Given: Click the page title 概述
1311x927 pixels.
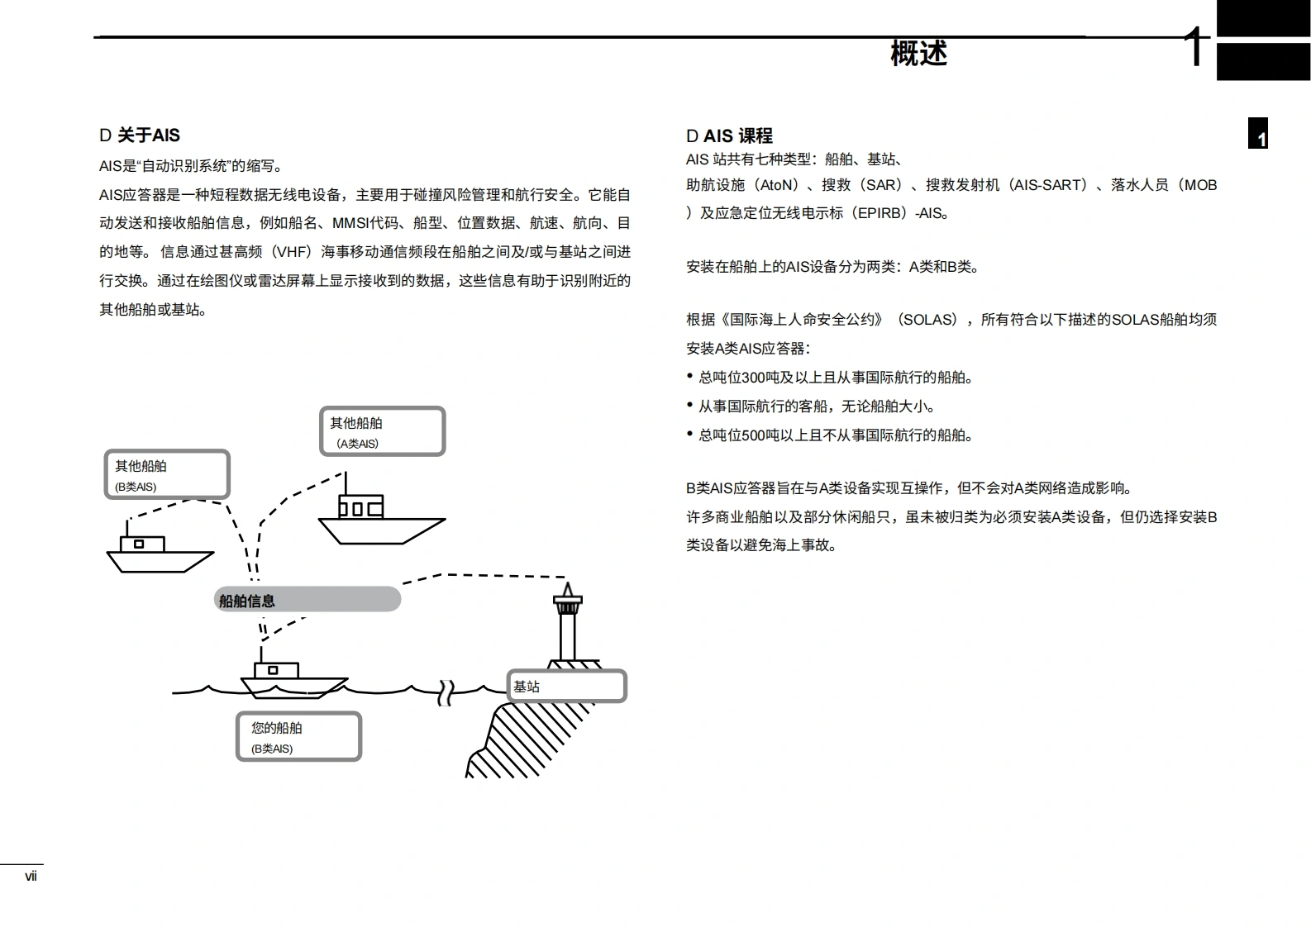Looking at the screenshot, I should tap(918, 53).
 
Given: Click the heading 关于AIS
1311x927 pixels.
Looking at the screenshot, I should tap(140, 135).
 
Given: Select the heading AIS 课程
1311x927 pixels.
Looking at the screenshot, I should tap(730, 135).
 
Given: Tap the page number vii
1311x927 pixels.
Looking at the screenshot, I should tap(31, 877).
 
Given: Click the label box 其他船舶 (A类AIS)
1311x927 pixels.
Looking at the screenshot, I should tap(382, 431).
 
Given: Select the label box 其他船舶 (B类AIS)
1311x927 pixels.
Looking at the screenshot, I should tap(166, 474).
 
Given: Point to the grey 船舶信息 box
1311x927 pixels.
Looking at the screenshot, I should tap(307, 600).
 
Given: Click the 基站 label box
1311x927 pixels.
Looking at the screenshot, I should tap(566, 687).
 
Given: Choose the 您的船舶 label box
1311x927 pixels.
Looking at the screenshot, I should tap(298, 736).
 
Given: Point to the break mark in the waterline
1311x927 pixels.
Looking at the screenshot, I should tap(446, 692).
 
